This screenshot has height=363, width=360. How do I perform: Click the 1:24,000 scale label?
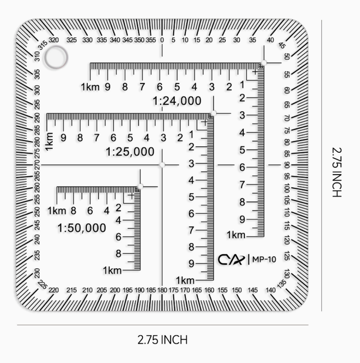pos(177,101)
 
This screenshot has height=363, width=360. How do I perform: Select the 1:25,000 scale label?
pos(130,152)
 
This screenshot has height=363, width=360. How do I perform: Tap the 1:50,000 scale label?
pos(81,228)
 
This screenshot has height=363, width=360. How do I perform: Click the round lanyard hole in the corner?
pos(56,57)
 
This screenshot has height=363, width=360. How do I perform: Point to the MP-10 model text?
pos(264,259)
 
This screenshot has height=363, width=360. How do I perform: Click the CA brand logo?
pos(231,260)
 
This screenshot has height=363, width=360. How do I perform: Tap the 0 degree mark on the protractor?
pos(162,40)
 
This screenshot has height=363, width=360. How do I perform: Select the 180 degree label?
pos(162,290)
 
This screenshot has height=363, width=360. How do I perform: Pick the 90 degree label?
pos(287,165)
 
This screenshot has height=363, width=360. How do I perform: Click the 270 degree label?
pos(37,165)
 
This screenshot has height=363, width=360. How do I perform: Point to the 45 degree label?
pos(282,45)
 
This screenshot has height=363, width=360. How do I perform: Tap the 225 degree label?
pos(42,285)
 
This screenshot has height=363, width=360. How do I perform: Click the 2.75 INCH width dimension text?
pos(162,340)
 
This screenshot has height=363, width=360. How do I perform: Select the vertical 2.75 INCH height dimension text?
pos(337,172)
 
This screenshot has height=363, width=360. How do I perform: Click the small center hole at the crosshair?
pos(162,165)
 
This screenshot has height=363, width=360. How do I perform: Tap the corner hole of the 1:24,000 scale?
pos(264,63)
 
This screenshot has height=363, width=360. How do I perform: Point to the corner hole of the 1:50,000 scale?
pos(140,186)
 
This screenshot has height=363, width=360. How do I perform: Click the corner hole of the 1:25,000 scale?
pos(214,113)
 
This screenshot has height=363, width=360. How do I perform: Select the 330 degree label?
pos(87,40)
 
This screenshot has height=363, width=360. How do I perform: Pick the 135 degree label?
pos(282,284)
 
